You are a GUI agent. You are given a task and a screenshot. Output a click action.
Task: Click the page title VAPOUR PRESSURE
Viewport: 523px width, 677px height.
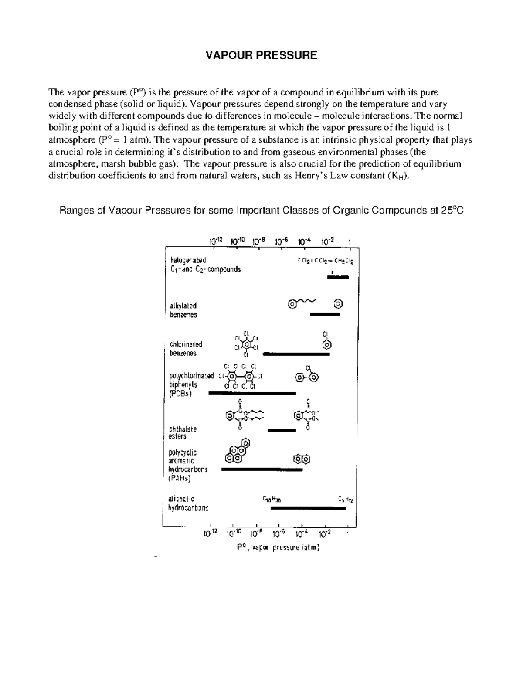261,55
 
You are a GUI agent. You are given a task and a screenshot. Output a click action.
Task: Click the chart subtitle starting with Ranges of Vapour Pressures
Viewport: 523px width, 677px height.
261,211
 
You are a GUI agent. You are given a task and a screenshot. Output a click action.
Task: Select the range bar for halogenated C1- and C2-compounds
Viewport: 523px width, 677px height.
338,276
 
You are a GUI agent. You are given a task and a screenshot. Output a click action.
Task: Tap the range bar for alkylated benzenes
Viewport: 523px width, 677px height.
324,313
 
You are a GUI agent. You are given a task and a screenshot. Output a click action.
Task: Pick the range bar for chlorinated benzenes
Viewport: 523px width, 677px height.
296,354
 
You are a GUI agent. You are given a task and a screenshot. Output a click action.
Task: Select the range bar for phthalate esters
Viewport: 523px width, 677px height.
282,430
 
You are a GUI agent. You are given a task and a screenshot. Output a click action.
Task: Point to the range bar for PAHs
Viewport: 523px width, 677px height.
261,469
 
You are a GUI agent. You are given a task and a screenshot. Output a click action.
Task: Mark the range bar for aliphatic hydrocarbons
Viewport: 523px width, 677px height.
308,508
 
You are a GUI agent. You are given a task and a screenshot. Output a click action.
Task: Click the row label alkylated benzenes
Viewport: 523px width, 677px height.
183,310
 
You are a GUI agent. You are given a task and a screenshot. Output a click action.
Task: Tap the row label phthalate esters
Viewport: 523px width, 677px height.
183,432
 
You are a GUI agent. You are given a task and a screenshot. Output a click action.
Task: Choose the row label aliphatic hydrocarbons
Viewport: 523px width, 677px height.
188,503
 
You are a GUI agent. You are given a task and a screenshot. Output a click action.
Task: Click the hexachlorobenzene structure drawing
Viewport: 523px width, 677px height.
247,345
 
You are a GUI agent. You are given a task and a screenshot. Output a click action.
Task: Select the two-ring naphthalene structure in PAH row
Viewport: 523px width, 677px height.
302,459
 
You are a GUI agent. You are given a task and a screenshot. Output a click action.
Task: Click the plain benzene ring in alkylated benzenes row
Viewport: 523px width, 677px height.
338,303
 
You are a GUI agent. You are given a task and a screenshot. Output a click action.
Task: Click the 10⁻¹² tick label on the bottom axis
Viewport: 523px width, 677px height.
211,533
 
